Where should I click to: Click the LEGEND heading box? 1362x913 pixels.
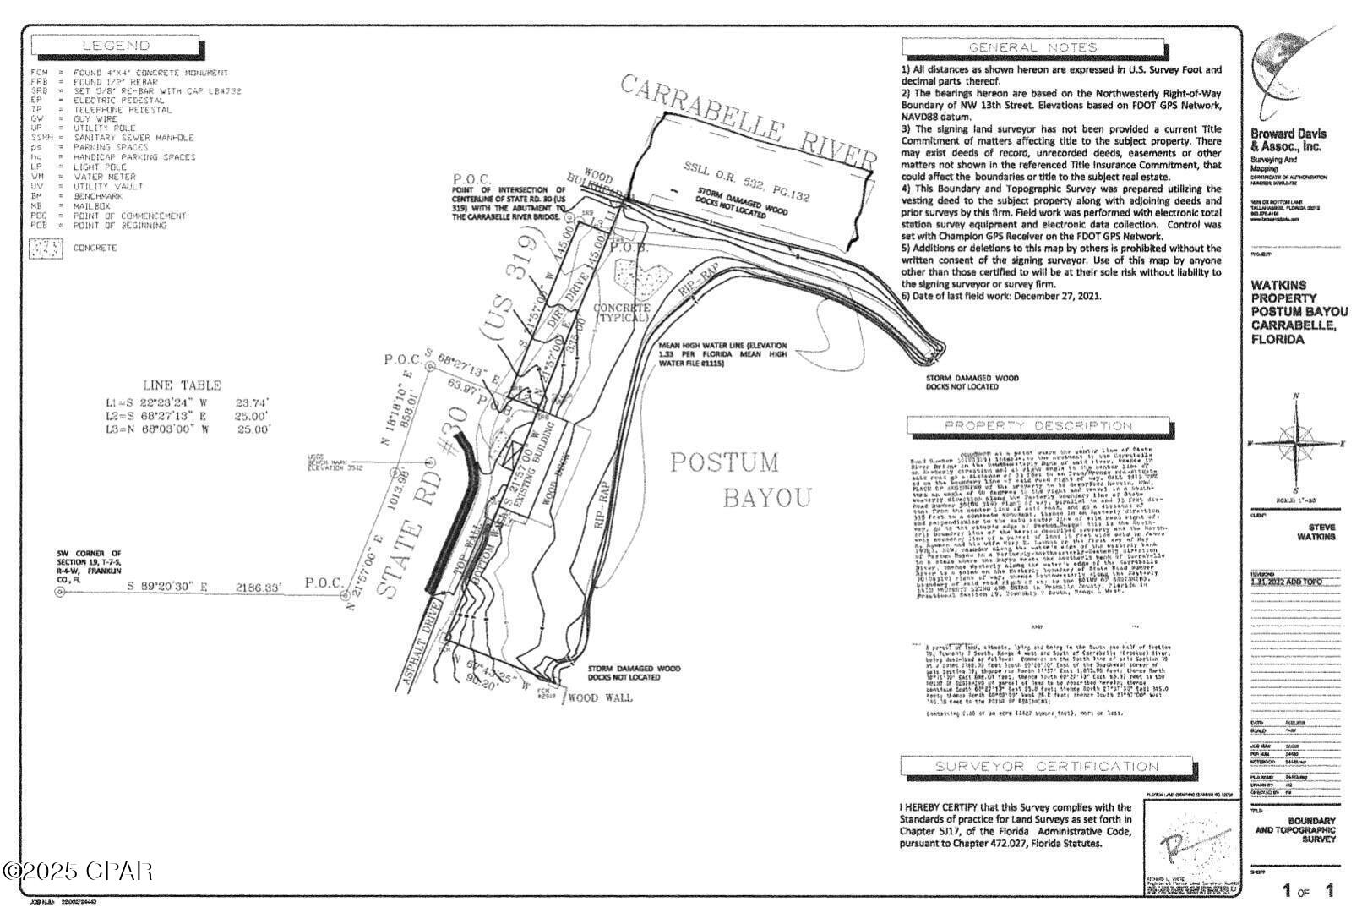coord(116,46)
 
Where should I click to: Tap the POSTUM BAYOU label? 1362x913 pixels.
coord(739,479)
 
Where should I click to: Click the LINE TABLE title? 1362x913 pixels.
coord(182,385)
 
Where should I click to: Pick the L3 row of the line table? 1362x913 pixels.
coord(186,429)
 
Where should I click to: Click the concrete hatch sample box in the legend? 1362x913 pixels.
coord(46,249)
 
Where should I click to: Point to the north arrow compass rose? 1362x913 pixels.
coord(1296,442)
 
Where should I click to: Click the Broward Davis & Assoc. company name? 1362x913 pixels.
coord(1288,139)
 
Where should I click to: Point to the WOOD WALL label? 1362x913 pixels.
coord(600,698)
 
